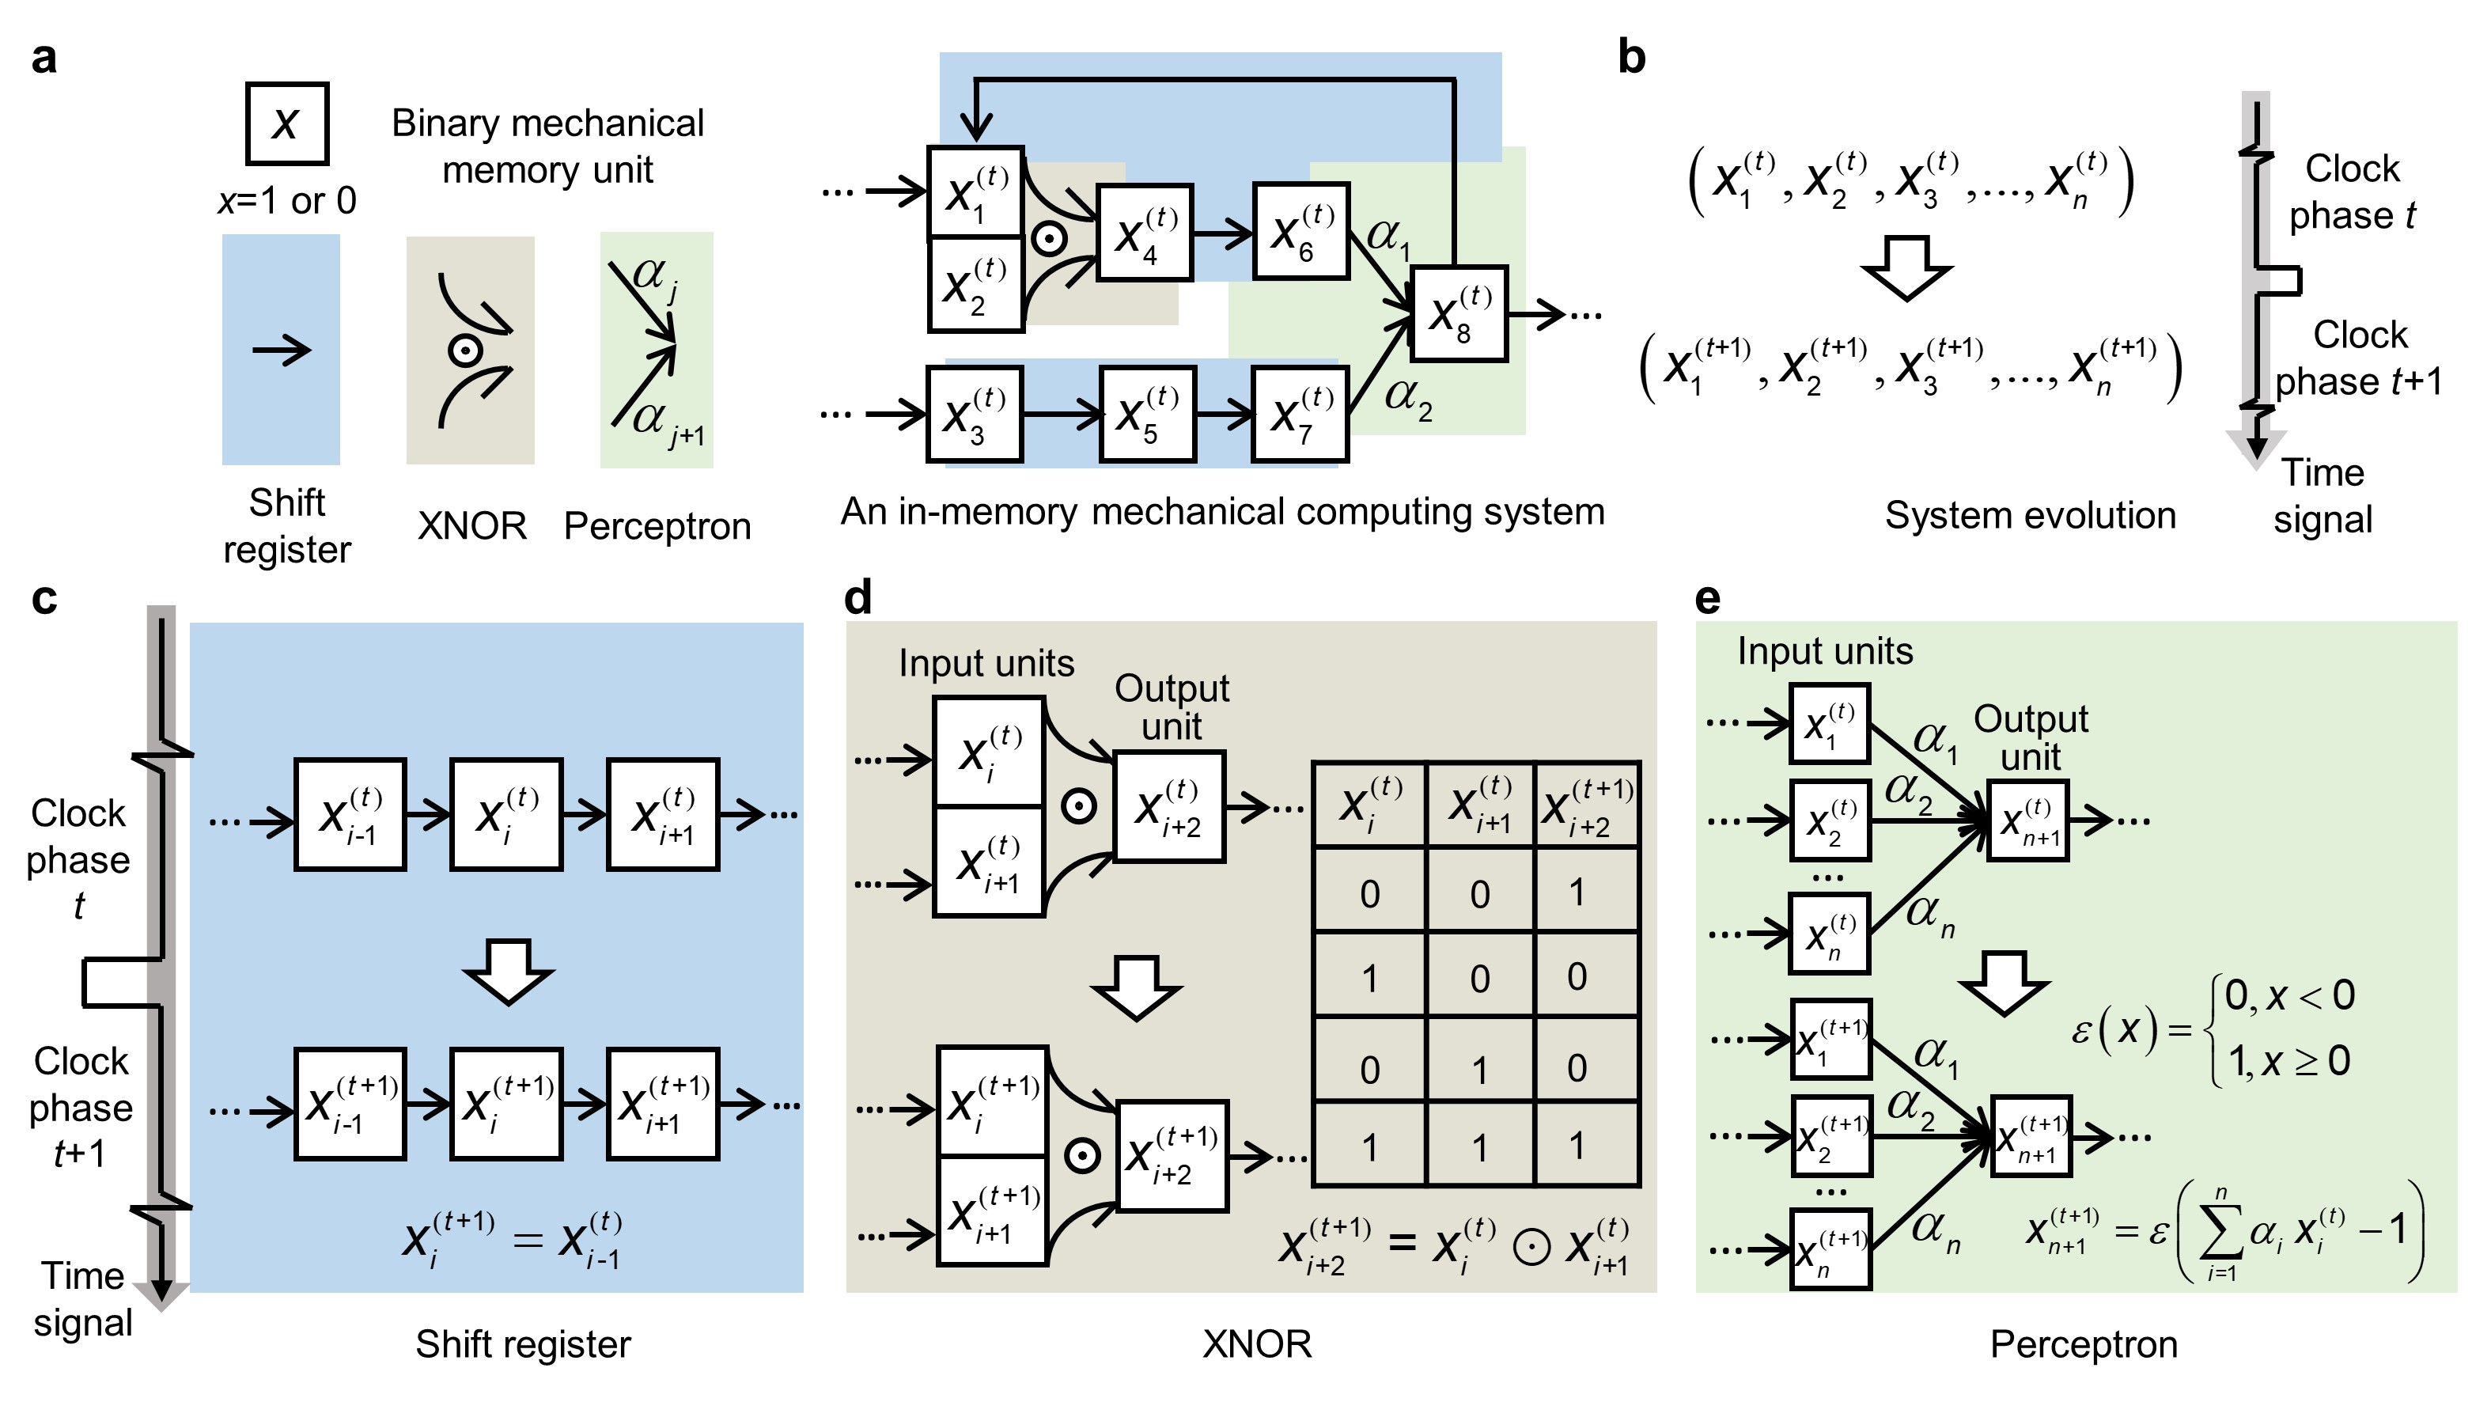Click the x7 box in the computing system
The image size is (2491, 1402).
tap(1300, 415)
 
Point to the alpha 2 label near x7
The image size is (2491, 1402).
tap(1408, 396)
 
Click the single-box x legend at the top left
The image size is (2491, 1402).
tap(287, 123)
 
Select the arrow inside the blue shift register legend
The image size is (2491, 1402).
tap(282, 350)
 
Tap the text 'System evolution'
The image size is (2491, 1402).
tap(2030, 515)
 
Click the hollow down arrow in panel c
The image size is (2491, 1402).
tap(508, 972)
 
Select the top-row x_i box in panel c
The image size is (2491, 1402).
tap(505, 815)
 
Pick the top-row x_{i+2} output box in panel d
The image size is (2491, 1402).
tap(1170, 806)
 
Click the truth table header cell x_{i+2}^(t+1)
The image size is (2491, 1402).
tap(1587, 805)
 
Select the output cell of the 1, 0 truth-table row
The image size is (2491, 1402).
tap(1577, 976)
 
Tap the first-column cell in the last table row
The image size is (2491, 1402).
tap(1369, 1146)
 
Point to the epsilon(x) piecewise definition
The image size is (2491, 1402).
tap(2214, 1029)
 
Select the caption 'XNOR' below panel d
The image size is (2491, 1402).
tap(1256, 1344)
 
